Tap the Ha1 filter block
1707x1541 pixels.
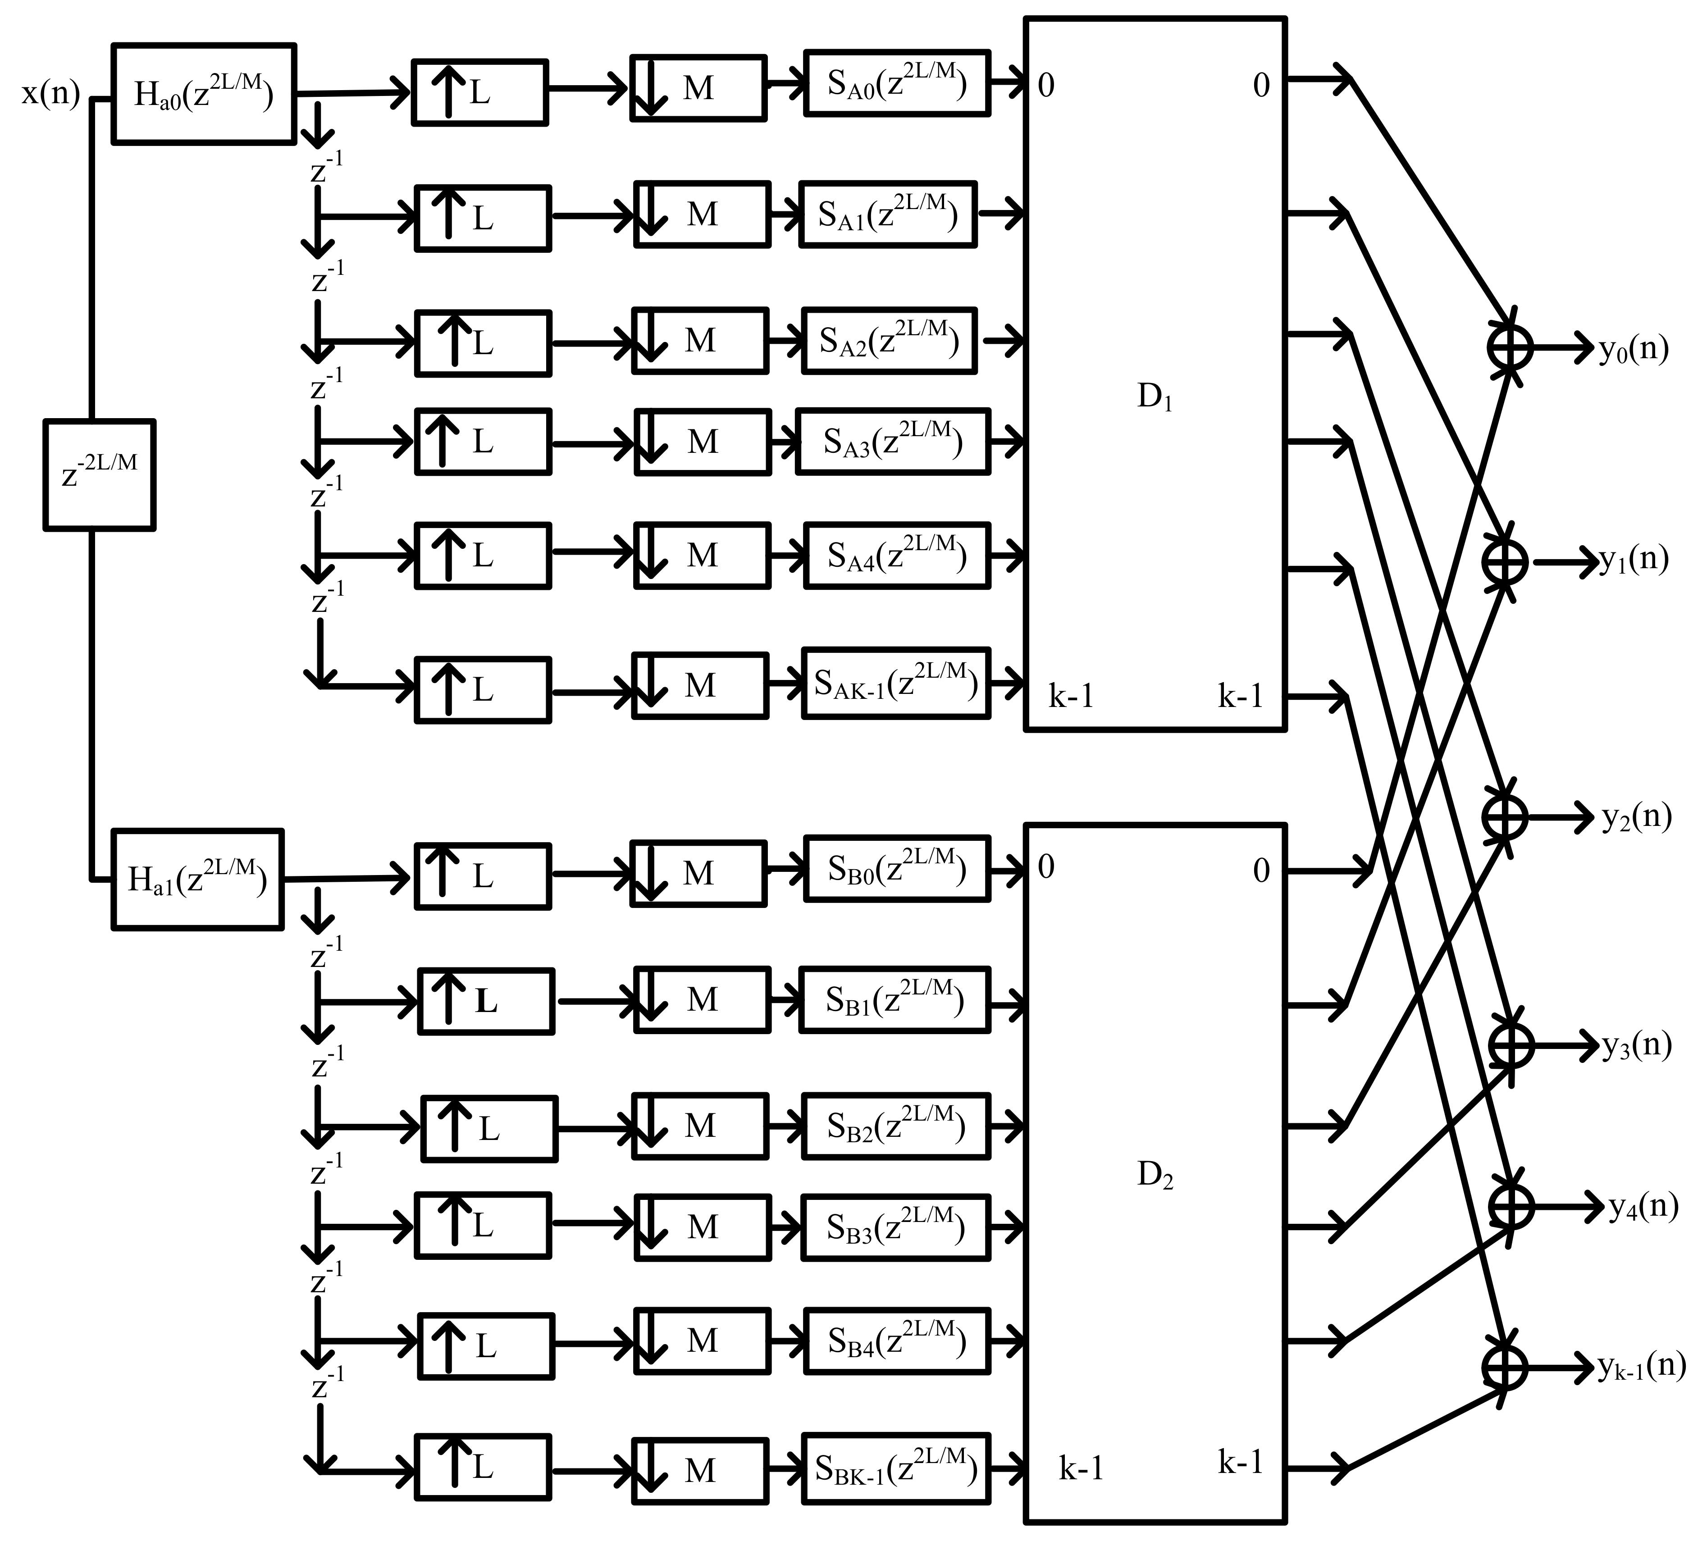click(x=197, y=880)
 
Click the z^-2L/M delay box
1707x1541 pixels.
click(x=99, y=475)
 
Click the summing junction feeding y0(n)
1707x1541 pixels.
click(x=1510, y=347)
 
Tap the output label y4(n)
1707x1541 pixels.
click(x=1643, y=1207)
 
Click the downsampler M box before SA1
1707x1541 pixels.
click(x=702, y=214)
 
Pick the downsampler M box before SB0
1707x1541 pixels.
click(x=698, y=873)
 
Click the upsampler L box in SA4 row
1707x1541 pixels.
click(x=483, y=556)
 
